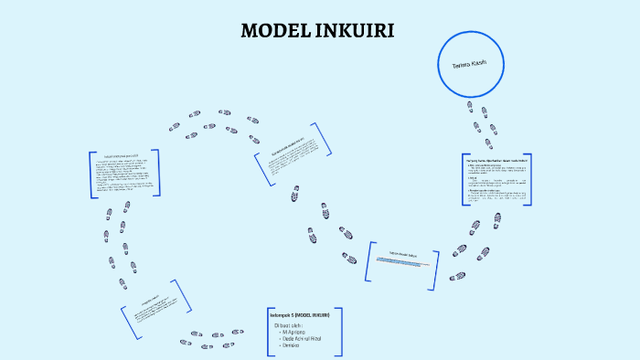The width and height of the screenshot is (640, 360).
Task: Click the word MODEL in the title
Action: tap(273, 31)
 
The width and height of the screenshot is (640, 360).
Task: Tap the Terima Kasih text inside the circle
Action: tap(469, 65)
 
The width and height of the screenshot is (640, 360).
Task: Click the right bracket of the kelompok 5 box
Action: tap(340, 331)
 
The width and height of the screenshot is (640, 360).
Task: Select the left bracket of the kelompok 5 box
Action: tap(269, 331)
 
